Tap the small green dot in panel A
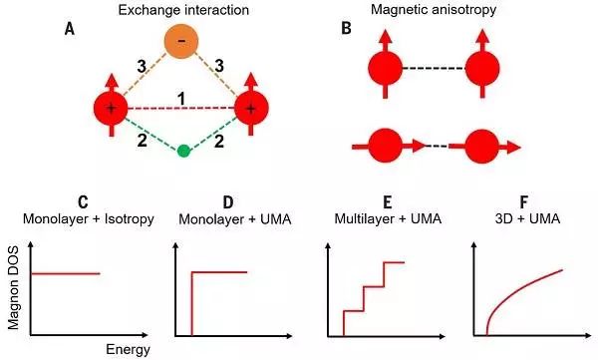pos(182,151)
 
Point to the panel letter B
pos(346,29)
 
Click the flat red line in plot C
pos(66,272)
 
